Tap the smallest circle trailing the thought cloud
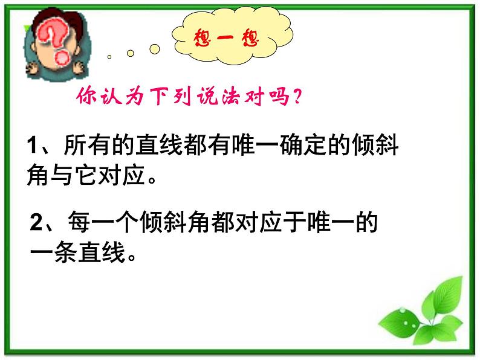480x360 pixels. pos(109,57)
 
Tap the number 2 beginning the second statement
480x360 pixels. pos(37,224)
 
